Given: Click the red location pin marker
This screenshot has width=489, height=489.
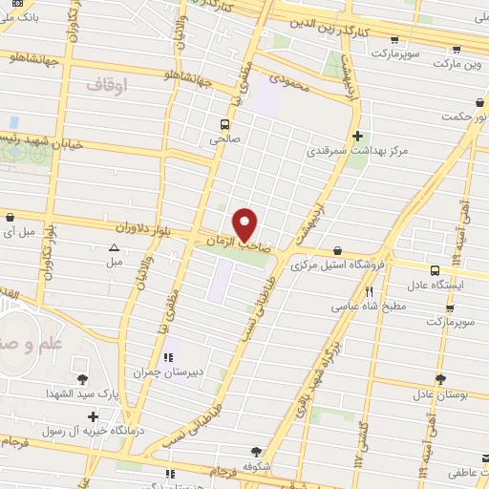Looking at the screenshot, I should (245, 225).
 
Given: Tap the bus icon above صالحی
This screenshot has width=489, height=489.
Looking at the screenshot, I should (224, 124).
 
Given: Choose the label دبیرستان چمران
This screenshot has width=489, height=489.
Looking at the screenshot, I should (170, 372).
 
